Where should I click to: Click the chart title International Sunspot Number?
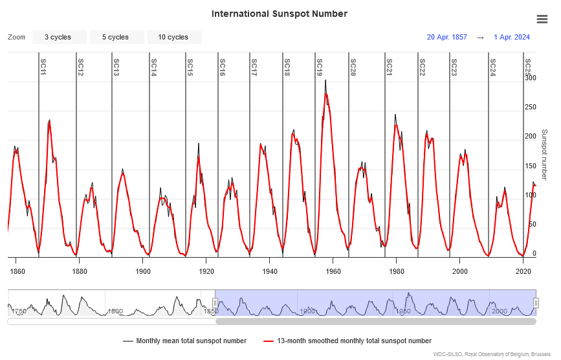click(x=280, y=14)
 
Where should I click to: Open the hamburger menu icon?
click(x=542, y=19)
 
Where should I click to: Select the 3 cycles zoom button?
click(x=58, y=37)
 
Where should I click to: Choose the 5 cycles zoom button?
click(x=115, y=37)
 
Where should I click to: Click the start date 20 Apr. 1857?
click(x=446, y=37)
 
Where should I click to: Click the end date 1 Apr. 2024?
click(x=511, y=37)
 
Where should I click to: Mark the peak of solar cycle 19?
click(x=325, y=81)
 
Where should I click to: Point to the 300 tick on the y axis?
click(x=530, y=78)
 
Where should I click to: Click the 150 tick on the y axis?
click(x=530, y=166)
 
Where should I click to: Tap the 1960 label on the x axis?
click(x=333, y=272)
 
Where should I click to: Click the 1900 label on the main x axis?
click(x=143, y=272)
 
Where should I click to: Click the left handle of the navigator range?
click(x=215, y=302)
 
